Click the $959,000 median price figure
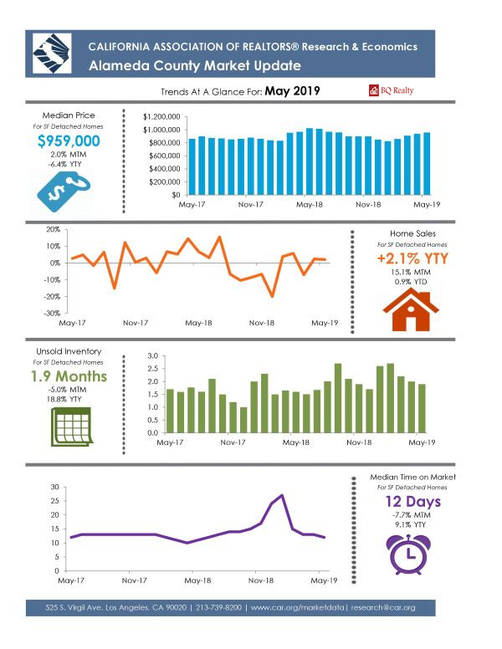coord(69,141)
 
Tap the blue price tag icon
coord(63,192)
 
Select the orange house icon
coord(410,309)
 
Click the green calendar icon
coord(71,427)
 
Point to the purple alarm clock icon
coord(408,554)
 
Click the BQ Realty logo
coord(391,90)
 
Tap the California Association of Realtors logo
coord(52,54)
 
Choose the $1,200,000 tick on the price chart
coord(161,117)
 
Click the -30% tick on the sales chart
coord(52,314)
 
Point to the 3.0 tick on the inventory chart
coord(153,356)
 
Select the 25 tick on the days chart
coord(54,501)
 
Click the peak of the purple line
coord(282,494)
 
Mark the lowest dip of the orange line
coord(272,296)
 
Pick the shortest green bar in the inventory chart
coord(243,420)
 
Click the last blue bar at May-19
coord(426,163)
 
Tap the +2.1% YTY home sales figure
coord(412,258)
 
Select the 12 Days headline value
coord(413,502)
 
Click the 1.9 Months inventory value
coord(69,376)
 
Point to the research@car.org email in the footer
coord(382,608)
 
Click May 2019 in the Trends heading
coord(293,90)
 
